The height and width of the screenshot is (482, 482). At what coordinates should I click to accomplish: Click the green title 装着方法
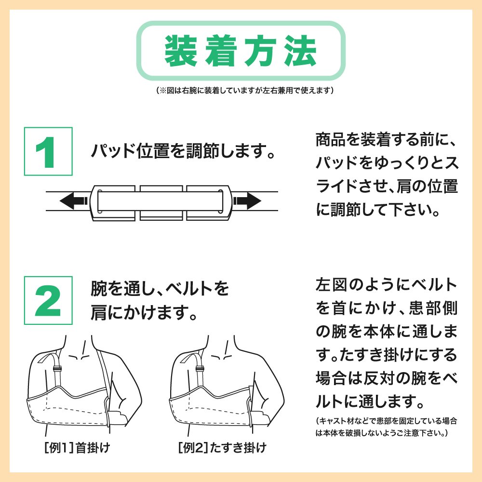click(x=241, y=51)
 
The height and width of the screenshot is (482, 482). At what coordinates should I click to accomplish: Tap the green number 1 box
click(x=48, y=151)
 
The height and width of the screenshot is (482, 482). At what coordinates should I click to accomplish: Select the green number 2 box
click(x=48, y=300)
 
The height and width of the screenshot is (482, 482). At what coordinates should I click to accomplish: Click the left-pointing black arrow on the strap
click(x=74, y=201)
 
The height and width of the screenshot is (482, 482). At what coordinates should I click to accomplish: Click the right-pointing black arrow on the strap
click(x=247, y=201)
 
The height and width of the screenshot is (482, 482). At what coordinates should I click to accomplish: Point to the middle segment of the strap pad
click(x=161, y=202)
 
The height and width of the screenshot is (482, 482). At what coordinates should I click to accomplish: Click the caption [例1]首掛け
click(x=77, y=448)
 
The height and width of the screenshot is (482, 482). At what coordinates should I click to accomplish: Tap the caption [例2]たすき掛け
click(x=222, y=448)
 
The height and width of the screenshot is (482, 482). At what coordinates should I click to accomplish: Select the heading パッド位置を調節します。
click(x=183, y=151)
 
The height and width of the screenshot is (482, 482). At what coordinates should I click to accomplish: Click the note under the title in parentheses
click(x=245, y=91)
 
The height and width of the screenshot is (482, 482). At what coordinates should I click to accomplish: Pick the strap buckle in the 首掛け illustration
click(x=56, y=369)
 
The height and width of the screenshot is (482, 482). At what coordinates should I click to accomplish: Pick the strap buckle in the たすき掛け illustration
click(x=200, y=369)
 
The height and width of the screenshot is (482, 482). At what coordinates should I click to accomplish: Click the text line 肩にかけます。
click(x=144, y=312)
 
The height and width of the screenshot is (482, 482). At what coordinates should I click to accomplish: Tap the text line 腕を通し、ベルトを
click(x=160, y=288)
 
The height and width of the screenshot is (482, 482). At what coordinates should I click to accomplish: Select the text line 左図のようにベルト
click(x=387, y=284)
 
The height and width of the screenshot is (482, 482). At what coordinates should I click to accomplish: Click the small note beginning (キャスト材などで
click(x=387, y=427)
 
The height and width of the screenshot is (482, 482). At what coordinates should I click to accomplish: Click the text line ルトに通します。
click(x=370, y=402)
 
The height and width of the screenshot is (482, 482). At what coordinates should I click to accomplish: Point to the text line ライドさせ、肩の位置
click(x=387, y=186)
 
